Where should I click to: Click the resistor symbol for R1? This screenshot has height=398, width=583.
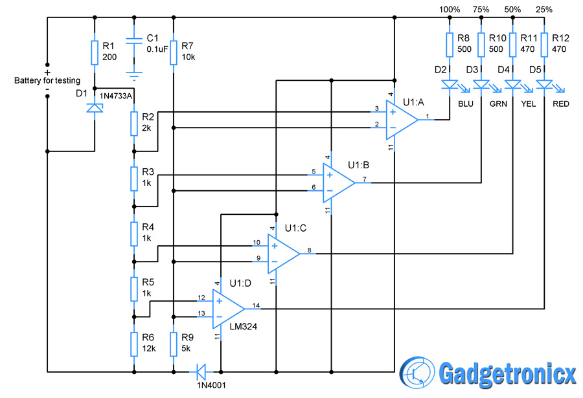point(95,52)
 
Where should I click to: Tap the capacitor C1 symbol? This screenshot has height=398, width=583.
point(134,41)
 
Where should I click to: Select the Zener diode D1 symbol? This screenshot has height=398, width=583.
point(95,108)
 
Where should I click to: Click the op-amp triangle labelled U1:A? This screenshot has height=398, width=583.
point(402,120)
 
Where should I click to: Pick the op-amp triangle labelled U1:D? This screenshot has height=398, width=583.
point(228,309)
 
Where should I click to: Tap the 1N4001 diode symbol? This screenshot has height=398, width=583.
point(201,371)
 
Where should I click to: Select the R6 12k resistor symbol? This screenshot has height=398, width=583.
point(134,344)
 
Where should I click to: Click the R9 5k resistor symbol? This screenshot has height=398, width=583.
point(173,344)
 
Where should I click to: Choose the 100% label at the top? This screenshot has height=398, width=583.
point(449,9)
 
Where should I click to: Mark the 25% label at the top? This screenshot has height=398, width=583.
point(544,9)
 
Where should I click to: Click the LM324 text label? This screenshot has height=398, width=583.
point(243,326)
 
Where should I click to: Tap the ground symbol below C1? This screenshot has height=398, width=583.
point(134,76)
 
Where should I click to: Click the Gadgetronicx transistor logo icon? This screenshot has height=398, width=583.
point(417,372)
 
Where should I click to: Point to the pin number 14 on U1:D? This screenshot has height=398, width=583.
point(256,305)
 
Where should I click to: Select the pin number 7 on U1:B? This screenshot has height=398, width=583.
point(364,179)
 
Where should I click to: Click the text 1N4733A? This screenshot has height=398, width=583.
point(116,96)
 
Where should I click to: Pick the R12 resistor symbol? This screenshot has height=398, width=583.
point(544,45)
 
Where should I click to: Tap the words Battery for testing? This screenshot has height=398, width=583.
point(47,80)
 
